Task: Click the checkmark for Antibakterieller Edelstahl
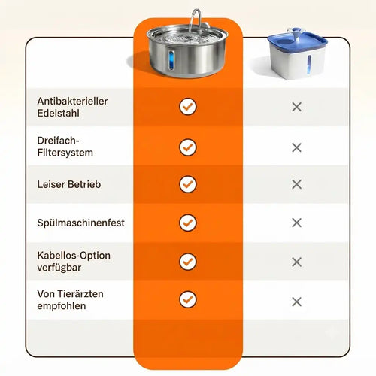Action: click(188, 107)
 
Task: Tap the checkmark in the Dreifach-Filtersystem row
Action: click(188, 147)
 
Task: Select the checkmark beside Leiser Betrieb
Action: click(188, 184)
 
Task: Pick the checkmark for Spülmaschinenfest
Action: click(188, 223)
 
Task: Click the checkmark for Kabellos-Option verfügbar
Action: click(188, 262)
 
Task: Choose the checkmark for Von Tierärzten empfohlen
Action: click(188, 299)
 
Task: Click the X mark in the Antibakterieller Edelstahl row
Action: click(297, 107)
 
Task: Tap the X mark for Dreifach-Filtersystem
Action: click(297, 147)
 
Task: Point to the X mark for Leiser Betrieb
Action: click(297, 184)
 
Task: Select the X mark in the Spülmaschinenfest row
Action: click(297, 223)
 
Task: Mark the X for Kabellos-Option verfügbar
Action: click(297, 262)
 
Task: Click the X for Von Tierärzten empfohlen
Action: click(297, 302)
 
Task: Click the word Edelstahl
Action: click(58, 113)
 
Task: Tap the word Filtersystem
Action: click(65, 153)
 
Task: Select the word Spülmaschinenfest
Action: click(80, 223)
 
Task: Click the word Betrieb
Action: click(84, 184)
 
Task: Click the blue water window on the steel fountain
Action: click(171, 59)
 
